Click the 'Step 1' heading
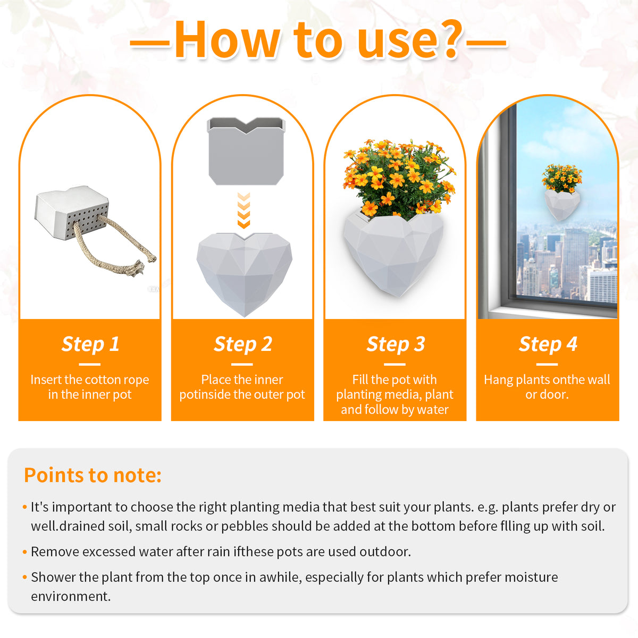point(90,344)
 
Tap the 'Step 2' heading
point(242,344)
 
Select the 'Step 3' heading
point(395,344)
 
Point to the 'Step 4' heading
point(548,344)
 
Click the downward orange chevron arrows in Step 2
point(244,211)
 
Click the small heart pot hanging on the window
point(561,202)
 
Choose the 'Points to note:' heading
point(93,475)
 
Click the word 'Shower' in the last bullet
point(53,577)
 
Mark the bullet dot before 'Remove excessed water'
point(24,552)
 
